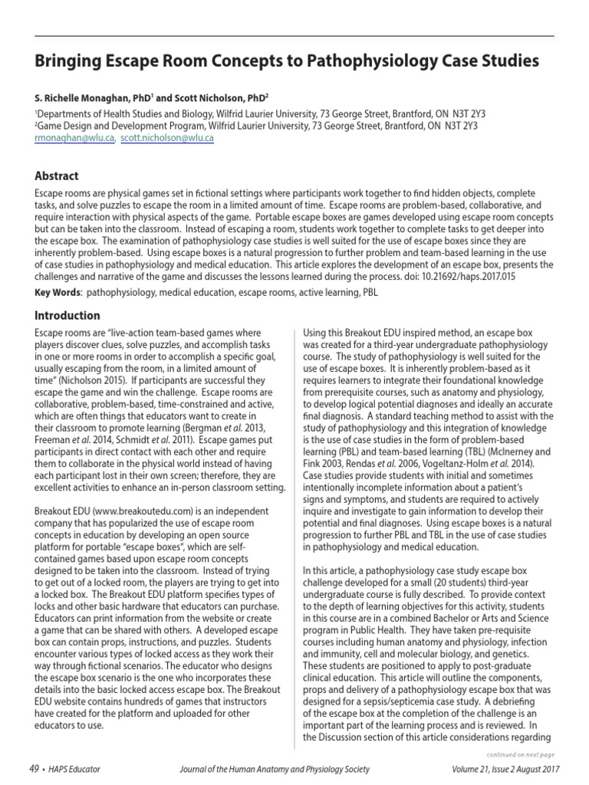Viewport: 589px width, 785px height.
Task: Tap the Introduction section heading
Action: pos(67,315)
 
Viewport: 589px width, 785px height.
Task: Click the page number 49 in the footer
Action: pos(33,769)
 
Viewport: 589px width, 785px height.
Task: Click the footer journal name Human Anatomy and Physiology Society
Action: pos(307,769)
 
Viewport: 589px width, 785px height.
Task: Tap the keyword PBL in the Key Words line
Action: pos(367,292)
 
